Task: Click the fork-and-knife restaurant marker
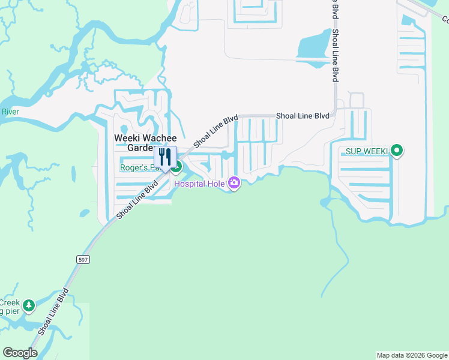165,158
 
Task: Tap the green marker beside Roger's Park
177,163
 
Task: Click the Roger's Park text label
137,168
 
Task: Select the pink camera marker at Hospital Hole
234,183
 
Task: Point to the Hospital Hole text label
199,184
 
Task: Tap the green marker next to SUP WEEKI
396,151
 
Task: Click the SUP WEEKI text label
365,151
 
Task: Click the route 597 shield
83,259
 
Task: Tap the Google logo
20,353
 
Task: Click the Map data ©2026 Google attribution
412,355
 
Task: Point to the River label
10,112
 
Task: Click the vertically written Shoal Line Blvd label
335,54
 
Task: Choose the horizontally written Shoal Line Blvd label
303,115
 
